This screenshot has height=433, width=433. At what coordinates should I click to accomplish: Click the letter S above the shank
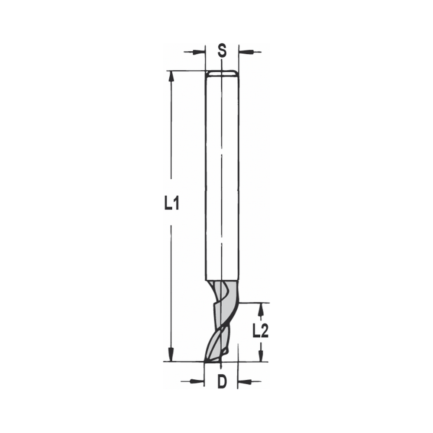(222, 51)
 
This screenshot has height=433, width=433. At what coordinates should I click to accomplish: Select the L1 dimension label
(171, 203)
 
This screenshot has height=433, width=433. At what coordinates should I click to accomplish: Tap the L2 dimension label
(261, 331)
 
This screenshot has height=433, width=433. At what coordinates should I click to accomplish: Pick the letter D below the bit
(222, 382)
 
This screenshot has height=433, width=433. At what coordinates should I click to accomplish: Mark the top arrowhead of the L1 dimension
(171, 76)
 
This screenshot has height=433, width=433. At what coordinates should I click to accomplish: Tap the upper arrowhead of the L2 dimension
(261, 308)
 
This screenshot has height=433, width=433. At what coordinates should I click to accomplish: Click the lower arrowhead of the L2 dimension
(261, 356)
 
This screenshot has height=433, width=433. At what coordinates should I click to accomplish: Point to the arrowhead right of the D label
(244, 381)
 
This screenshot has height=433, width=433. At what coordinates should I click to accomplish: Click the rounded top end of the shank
(221, 73)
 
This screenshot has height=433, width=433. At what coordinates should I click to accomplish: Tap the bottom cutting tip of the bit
(212, 359)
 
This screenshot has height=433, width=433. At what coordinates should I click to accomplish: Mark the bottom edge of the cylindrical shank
(221, 280)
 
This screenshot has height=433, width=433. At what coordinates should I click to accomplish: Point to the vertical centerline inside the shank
(221, 173)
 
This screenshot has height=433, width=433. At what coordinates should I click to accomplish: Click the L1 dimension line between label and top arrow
(171, 130)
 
